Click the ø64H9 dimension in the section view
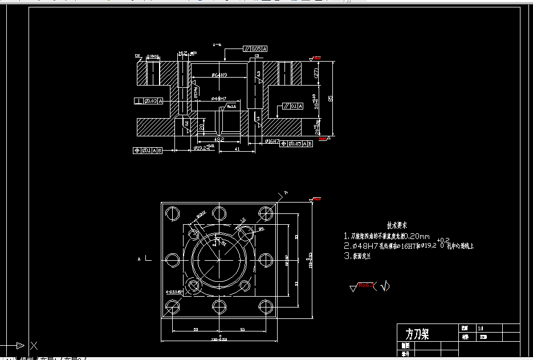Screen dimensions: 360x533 (219, 75)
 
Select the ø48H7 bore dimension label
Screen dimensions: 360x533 (219, 99)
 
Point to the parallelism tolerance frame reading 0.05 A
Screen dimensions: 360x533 (255, 49)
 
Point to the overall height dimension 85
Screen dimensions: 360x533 (331, 98)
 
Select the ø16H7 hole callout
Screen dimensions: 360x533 (272, 140)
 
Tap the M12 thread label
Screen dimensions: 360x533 (182, 54)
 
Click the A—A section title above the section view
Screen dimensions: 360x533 (217, 45)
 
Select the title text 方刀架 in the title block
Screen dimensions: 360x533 (417, 334)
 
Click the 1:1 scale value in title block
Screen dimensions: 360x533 (481, 329)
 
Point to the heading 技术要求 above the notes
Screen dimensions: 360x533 (397, 225)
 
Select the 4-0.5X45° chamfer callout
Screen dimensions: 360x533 (173, 292)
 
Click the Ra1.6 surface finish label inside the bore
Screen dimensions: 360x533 (231, 106)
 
